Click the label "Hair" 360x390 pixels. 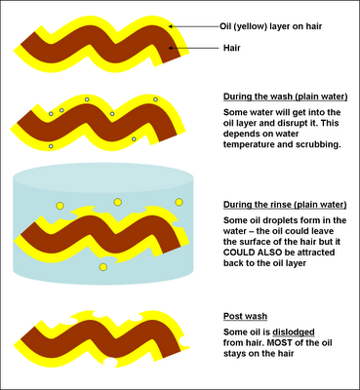pos(231,48)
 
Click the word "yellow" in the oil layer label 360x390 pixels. pos(250,26)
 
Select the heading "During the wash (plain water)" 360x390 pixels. pos(285,97)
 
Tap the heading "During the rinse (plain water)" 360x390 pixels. pos(285,205)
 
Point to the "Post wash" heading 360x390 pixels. pos(245,316)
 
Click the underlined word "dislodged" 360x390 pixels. pos(294,332)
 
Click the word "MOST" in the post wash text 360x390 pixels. pos(282,343)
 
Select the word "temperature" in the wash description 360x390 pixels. pos(249,144)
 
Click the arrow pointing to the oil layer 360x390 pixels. pos(194,26)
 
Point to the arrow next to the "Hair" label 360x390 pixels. pos(194,48)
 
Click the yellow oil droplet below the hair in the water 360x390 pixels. pos(103,267)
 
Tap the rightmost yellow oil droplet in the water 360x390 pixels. pos(180,202)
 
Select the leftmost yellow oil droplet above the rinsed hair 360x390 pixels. pos(60,206)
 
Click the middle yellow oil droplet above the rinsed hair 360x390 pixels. pos(117,202)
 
